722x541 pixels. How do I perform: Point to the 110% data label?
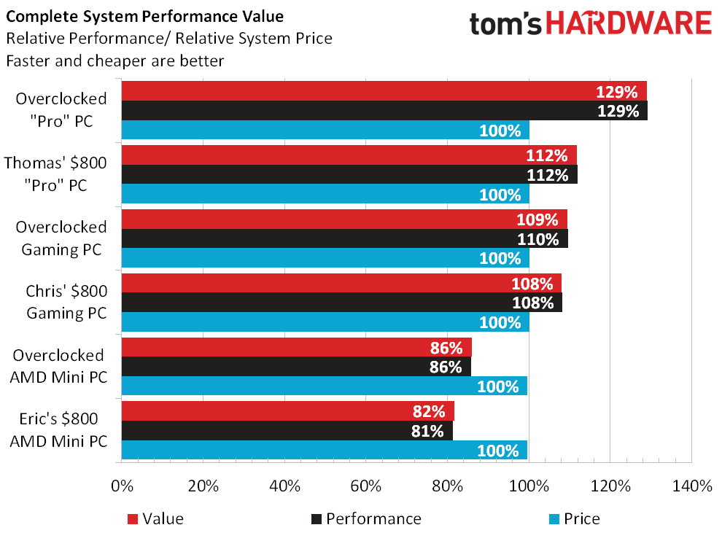[x=542, y=239]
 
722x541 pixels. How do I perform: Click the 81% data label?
[x=427, y=431]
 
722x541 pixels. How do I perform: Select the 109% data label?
[x=541, y=219]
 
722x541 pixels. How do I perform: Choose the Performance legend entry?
[x=373, y=519]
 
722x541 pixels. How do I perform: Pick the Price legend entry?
[x=581, y=519]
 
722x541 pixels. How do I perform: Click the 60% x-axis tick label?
[x=365, y=486]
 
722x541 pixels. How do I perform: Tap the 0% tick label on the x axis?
[x=122, y=486]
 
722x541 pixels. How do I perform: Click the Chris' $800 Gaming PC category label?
[x=66, y=303]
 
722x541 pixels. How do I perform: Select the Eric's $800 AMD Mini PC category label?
[x=59, y=430]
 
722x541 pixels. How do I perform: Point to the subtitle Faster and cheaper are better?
[x=114, y=61]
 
